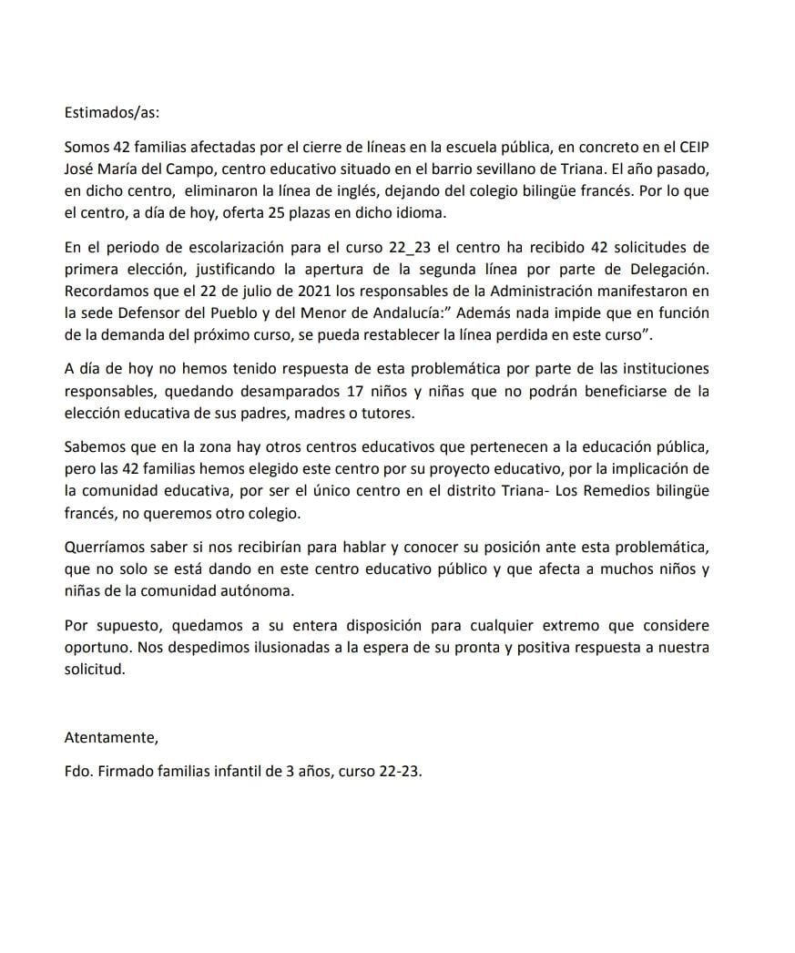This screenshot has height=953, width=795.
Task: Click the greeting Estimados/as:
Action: (111, 114)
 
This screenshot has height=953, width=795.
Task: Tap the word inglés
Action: (372, 191)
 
